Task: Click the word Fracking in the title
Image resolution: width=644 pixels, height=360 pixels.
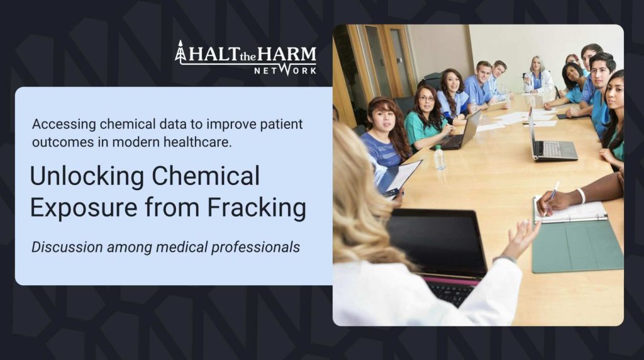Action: [x=257, y=208]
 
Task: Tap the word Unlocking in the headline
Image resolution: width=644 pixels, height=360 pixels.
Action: [x=87, y=176]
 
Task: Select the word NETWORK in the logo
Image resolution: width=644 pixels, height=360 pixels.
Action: [x=285, y=70]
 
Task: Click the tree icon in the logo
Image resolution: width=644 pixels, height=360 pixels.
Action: [x=180, y=52]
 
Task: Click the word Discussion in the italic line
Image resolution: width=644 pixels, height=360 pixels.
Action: [x=67, y=247]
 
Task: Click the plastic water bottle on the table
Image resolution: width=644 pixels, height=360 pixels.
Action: [x=440, y=157]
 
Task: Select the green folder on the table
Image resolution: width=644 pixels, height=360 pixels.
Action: [x=577, y=245]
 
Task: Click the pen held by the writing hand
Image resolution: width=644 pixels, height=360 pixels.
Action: [x=551, y=196]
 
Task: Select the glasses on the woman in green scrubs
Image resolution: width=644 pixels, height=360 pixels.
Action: [x=427, y=99]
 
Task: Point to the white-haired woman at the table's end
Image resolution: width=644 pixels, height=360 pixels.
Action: [x=537, y=75]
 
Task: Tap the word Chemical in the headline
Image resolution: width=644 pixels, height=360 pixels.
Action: [x=206, y=176]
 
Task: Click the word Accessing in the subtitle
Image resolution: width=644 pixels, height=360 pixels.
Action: [x=64, y=124]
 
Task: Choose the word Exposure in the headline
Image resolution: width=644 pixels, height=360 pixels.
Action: [x=84, y=208]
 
